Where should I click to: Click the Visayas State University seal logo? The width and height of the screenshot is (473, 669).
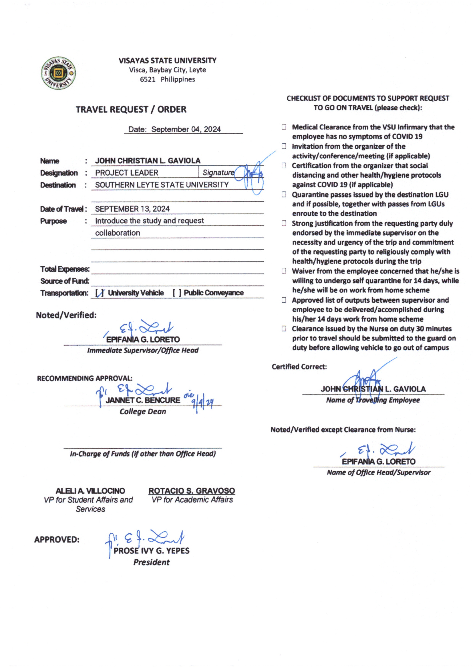click(58, 73)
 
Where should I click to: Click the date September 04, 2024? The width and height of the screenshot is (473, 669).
click(186, 129)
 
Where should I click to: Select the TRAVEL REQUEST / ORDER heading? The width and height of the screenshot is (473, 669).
click(131, 110)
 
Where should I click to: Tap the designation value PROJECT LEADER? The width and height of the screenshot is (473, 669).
click(127, 173)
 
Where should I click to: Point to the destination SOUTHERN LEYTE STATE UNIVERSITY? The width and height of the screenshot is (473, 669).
click(162, 185)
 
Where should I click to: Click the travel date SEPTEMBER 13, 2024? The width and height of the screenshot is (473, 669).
click(132, 209)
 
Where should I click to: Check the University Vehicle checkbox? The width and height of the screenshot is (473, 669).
click(100, 293)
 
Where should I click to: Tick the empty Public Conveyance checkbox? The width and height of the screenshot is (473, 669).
click(177, 293)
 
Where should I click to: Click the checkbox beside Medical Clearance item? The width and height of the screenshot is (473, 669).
click(284, 127)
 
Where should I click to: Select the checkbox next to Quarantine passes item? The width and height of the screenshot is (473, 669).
click(284, 194)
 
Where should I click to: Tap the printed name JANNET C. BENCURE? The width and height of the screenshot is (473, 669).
click(143, 400)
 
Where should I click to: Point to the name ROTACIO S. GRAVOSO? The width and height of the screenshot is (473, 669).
click(192, 491)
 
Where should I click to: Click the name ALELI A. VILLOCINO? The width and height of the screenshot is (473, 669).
click(90, 491)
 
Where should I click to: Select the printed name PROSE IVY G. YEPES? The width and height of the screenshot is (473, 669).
click(152, 551)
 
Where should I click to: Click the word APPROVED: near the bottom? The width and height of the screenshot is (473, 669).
click(57, 539)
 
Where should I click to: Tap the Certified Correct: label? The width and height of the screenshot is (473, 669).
click(299, 367)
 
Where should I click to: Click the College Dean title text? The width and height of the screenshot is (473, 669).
click(143, 411)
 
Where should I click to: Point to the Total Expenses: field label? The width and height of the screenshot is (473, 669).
click(65, 269)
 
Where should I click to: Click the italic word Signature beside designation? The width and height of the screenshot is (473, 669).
click(218, 173)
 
